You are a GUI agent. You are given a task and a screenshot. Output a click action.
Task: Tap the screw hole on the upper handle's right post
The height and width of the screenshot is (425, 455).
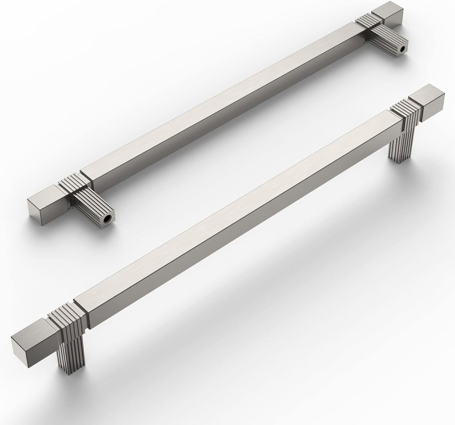tap(403, 49)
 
